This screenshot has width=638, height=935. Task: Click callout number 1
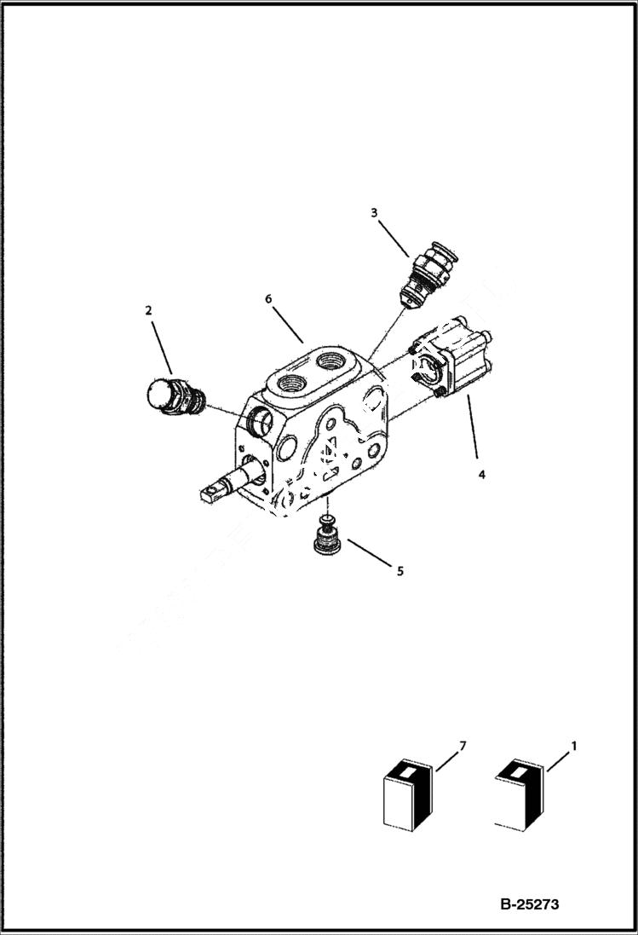573,746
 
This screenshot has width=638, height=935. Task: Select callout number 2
148,311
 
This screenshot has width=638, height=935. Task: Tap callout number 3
374,212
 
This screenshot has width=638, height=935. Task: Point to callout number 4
481,475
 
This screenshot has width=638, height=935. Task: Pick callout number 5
399,571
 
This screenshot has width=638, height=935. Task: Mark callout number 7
463,747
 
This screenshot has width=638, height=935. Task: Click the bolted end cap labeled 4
451,362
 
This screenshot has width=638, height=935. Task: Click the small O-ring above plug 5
326,519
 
